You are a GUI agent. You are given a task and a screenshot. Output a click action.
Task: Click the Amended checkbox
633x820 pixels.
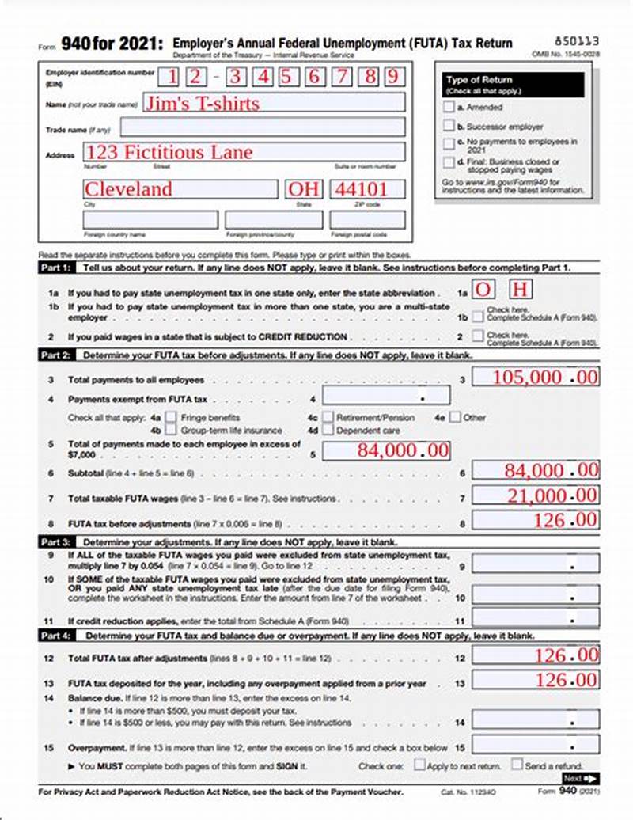(x=449, y=107)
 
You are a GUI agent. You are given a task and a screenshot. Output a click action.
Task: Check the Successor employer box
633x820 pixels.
(x=449, y=125)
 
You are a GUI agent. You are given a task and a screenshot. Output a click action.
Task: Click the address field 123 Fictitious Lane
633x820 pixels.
(x=244, y=152)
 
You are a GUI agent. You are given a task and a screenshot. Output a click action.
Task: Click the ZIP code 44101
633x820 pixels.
(x=367, y=189)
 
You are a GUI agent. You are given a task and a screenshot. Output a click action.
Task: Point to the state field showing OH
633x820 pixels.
(x=305, y=189)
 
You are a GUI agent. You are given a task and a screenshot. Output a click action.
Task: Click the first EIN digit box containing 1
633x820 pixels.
(x=169, y=77)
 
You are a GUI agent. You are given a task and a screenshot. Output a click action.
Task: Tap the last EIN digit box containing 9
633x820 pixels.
(x=395, y=77)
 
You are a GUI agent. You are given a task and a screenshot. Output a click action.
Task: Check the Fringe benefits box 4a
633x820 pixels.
(x=170, y=417)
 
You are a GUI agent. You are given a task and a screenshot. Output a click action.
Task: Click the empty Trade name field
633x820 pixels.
(x=262, y=127)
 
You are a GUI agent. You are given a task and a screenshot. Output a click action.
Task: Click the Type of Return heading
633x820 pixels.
(x=479, y=80)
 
